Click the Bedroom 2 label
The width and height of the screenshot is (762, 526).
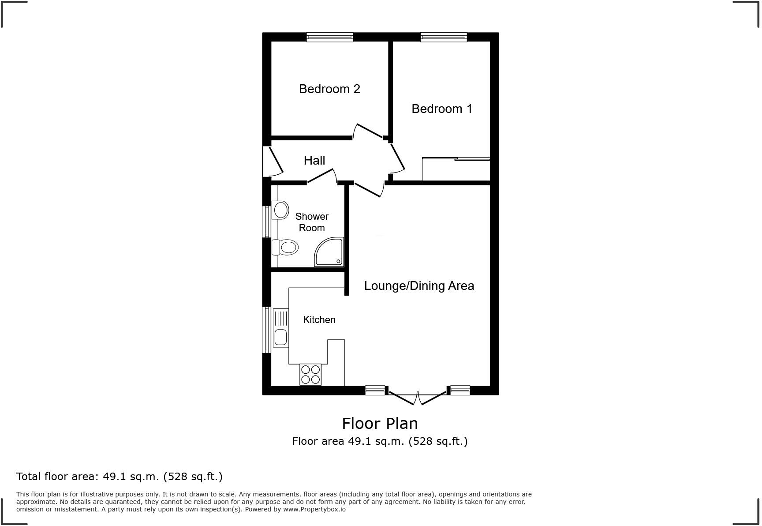[329, 89]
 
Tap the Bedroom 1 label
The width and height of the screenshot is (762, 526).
[442, 109]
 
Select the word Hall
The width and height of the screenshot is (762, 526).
[314, 161]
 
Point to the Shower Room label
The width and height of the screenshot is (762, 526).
[312, 222]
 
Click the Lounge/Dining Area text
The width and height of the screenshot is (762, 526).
[419, 286]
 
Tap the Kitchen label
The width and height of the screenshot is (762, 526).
[319, 320]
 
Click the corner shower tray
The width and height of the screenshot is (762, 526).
[329, 252]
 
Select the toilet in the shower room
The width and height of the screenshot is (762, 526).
[286, 247]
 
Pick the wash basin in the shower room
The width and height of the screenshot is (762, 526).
[280, 210]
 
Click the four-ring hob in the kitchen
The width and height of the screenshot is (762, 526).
[310, 374]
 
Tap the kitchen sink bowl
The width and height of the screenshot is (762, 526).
[280, 338]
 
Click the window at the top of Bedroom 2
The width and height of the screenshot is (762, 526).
[330, 37]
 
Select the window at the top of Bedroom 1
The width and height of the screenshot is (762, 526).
[444, 37]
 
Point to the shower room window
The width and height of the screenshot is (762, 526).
[266, 222]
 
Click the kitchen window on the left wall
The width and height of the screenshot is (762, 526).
[266, 330]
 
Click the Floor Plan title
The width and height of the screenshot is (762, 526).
[380, 424]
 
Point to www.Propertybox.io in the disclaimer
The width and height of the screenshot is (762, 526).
[314, 509]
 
